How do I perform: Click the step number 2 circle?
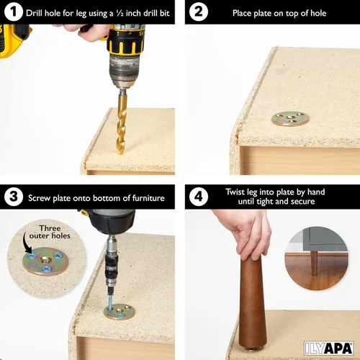tap(200, 13)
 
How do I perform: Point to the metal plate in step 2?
tap(291, 118)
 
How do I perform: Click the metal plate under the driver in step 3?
tap(119, 312)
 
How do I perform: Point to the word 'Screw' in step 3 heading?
tap(40, 197)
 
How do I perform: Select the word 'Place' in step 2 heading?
tap(245, 13)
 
